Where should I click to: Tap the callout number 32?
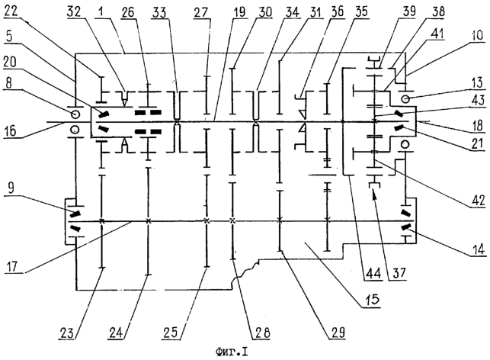(74, 11)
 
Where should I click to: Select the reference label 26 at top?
(127, 12)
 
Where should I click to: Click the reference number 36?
(337, 11)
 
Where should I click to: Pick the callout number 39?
(409, 11)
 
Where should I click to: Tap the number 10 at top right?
(477, 35)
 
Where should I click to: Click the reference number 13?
(478, 82)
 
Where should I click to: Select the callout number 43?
(477, 100)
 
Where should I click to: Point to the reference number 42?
(478, 200)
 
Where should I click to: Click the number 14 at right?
(478, 249)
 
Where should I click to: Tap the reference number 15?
(372, 300)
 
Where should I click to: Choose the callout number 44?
(373, 274)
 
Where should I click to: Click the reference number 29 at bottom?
(338, 332)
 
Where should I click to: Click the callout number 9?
(11, 188)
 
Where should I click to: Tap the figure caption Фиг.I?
(231, 353)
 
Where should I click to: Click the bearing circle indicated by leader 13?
(405, 99)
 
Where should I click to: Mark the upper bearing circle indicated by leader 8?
(75, 114)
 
